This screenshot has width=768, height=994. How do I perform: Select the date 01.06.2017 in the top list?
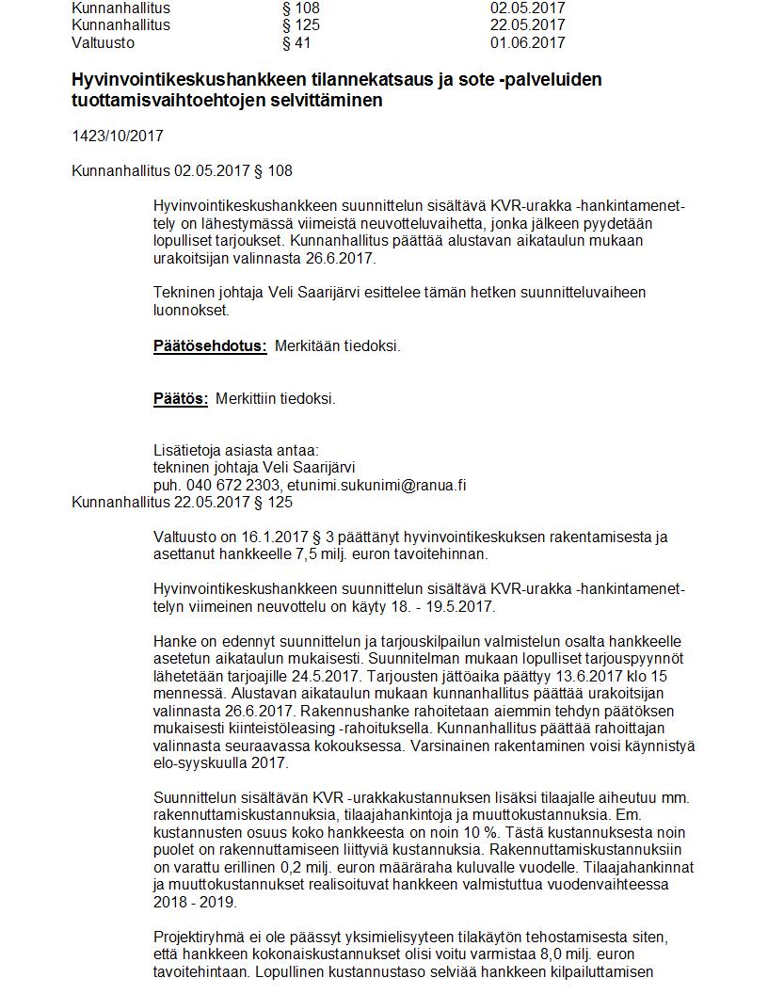click(x=527, y=42)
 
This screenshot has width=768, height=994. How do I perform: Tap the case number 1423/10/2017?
click(x=118, y=136)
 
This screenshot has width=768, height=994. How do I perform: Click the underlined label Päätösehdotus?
click(x=210, y=345)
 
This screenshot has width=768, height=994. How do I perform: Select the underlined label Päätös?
click(x=181, y=398)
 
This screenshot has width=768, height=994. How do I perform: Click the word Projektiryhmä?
click(x=200, y=937)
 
